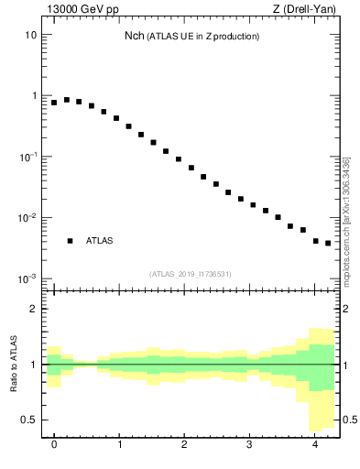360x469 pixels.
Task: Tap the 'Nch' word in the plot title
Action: tap(135, 37)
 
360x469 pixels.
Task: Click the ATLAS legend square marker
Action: tap(70, 241)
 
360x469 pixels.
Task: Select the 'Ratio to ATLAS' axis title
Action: tap(14, 365)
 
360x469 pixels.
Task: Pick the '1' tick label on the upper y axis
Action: tap(33, 96)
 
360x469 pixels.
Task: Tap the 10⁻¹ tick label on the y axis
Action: tap(28, 157)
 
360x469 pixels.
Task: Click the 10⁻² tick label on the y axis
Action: tap(28, 218)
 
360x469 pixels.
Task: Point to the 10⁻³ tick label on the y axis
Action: tap(28, 278)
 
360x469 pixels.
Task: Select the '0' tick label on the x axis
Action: tap(54, 445)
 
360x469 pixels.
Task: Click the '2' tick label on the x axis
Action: tap(184, 445)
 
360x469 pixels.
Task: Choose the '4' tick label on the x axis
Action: tap(315, 445)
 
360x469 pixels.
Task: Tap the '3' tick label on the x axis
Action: tap(250, 445)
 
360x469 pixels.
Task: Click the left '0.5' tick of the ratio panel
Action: tap(28, 420)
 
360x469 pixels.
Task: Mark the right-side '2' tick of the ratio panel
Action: tap(345, 309)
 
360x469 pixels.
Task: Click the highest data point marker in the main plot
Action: tap(67, 100)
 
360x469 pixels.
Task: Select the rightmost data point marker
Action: tap(328, 244)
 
